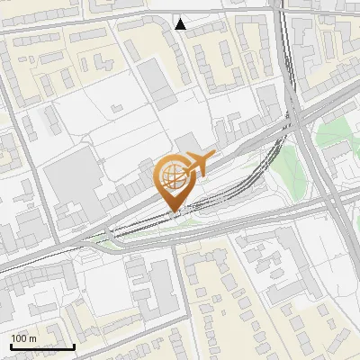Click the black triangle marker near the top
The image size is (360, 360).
[181, 24]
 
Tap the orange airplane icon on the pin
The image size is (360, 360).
[198, 165]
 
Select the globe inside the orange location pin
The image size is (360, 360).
[174, 176]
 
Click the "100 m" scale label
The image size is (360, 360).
[23, 338]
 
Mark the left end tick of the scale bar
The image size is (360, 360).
[10, 345]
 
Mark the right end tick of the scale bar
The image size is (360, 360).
[74, 345]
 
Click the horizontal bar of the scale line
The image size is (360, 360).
[41, 346]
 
